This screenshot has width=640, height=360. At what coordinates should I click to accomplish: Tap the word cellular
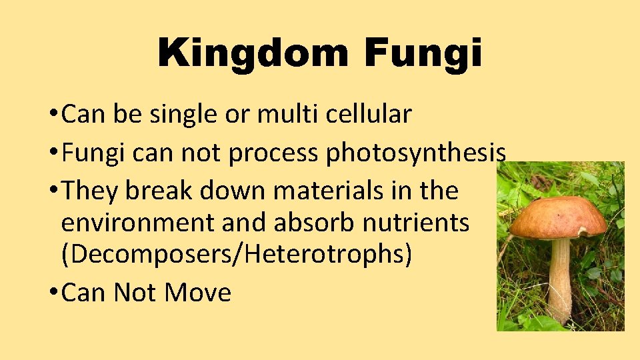pyautogui.click(x=369, y=115)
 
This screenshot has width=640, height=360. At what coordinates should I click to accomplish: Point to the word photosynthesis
pyautogui.click(x=415, y=153)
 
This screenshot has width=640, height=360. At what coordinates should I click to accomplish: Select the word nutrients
pyautogui.click(x=416, y=223)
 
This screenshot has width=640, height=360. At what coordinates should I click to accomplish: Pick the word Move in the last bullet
pyautogui.click(x=199, y=293)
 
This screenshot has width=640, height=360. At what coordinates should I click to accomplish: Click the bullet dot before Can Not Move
pyautogui.click(x=52, y=293)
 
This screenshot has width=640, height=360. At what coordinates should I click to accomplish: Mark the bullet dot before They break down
pyautogui.click(x=52, y=192)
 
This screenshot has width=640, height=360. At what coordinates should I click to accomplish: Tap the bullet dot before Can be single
pyautogui.click(x=52, y=115)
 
